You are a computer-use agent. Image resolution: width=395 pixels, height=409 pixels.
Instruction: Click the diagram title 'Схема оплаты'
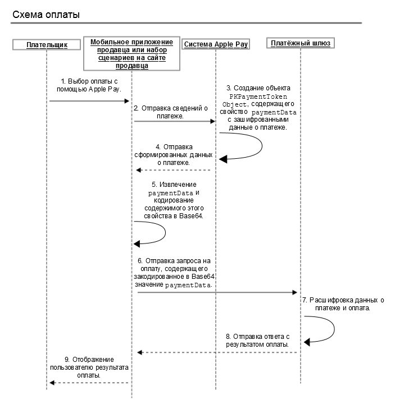pyautogui.click(x=46, y=15)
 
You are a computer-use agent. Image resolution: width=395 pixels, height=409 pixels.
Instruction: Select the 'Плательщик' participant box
pyautogui.click(x=47, y=45)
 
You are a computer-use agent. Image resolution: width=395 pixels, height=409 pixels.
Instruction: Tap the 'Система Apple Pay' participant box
pyautogui.click(x=216, y=44)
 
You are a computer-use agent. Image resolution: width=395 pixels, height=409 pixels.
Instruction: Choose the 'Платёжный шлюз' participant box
pyautogui.click(x=301, y=43)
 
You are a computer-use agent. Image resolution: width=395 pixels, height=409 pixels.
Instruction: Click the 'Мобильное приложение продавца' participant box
pyautogui.click(x=131, y=53)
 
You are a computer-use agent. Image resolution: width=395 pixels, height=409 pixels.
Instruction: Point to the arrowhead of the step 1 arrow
pyautogui.click(x=126, y=101)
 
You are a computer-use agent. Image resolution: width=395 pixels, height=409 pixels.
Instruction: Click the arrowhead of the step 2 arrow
pyautogui.click(x=212, y=121)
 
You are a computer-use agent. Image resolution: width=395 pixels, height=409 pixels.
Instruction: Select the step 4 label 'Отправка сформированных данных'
pyautogui.click(x=174, y=155)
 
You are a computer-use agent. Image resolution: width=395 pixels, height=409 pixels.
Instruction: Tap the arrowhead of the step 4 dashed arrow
pyautogui.click(x=139, y=170)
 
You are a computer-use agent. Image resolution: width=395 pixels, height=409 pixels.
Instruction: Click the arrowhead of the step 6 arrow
pyautogui.click(x=294, y=292)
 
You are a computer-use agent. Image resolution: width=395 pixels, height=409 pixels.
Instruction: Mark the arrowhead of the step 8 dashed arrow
pyautogui.click(x=140, y=352)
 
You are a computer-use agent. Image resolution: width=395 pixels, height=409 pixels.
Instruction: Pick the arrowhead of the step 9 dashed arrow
pyautogui.click(x=52, y=383)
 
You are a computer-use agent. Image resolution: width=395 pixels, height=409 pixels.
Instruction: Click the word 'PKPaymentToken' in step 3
pyautogui.click(x=258, y=96)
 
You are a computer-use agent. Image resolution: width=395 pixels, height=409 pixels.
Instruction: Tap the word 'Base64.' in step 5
pyautogui.click(x=191, y=216)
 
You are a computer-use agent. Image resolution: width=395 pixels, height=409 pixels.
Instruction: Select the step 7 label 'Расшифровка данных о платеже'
pyautogui.click(x=343, y=304)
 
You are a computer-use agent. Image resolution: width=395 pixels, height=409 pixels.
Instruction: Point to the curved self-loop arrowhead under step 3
pyautogui.click(x=223, y=159)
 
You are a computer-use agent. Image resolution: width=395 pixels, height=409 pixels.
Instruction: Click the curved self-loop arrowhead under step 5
pyautogui.click(x=137, y=244)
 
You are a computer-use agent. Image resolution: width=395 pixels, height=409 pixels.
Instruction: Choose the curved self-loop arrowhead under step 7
pyautogui.click(x=307, y=342)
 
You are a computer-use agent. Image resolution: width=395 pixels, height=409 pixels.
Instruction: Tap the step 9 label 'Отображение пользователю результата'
pyautogui.click(x=89, y=367)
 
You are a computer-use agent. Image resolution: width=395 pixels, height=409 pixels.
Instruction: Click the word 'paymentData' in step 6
pyautogui.click(x=188, y=285)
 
